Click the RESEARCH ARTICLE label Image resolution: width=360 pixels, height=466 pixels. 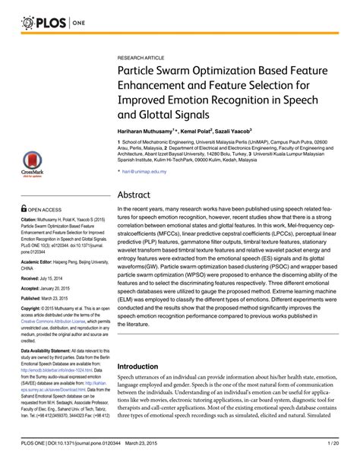point(140,58)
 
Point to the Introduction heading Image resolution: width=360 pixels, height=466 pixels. point(141,366)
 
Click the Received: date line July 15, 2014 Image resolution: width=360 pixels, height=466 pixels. point(46,277)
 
